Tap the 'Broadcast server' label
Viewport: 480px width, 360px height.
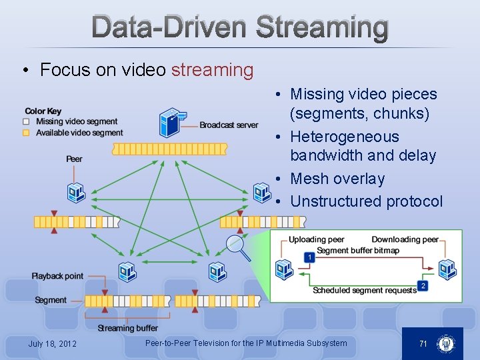coord(229,125)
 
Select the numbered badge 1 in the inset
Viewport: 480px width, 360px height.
coord(309,257)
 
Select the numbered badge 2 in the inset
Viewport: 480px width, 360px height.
coord(423,286)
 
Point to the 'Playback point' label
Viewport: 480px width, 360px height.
coord(57,276)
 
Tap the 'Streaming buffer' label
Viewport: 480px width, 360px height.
coord(127,328)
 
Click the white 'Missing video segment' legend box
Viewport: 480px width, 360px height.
coord(26,121)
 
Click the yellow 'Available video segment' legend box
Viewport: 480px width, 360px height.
coord(26,133)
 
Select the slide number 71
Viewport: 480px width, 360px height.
coord(423,343)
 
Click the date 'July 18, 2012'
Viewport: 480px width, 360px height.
coord(52,344)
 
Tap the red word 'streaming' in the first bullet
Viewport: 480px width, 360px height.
coord(212,70)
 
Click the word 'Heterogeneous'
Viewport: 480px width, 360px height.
coord(345,137)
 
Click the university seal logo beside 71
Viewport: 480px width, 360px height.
coord(445,344)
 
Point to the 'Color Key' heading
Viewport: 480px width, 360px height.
coord(43,111)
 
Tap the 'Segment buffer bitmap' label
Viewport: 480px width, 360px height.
coord(357,250)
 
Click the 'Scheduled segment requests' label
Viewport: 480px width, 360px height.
coord(365,291)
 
